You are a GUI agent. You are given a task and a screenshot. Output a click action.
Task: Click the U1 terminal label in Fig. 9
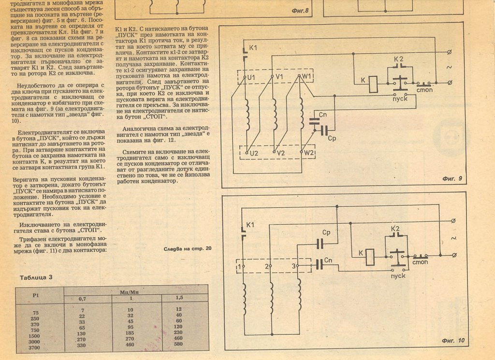[x=250, y=77]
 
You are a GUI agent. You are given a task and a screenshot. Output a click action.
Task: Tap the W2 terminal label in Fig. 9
[x=309, y=153]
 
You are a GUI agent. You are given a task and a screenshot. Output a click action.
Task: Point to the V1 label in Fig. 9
[x=279, y=77]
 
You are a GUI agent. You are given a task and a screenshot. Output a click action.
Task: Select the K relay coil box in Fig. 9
[x=373, y=84]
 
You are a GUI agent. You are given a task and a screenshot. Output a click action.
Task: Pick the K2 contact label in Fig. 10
[x=395, y=229]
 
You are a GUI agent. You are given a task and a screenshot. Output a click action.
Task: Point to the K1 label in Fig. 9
[x=253, y=48]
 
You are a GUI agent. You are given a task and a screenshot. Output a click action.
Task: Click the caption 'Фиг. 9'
[x=452, y=179]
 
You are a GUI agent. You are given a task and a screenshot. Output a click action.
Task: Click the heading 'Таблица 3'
[x=36, y=277]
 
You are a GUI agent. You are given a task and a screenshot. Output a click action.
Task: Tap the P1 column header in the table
[x=35, y=294]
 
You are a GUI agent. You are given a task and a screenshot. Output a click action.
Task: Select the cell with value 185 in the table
[x=130, y=333]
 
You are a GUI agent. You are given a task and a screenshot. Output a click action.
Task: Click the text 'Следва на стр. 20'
[x=188, y=249]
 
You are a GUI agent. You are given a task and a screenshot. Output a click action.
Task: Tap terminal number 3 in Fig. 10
[x=294, y=266]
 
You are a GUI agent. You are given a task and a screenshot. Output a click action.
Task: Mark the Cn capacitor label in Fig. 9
[x=323, y=114]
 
